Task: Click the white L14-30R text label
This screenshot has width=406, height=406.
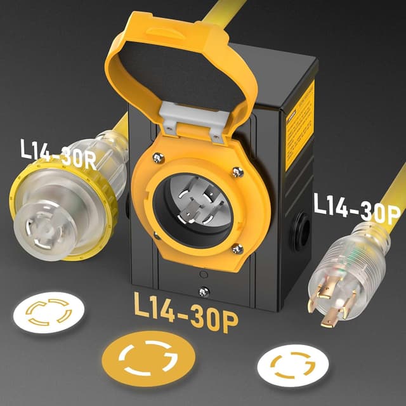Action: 58,155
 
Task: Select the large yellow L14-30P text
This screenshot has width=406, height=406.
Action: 186,311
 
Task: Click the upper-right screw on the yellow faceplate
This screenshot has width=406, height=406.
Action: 237,171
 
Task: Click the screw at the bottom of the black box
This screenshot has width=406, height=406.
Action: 203,291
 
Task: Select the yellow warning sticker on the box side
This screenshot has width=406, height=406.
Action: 299,124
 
